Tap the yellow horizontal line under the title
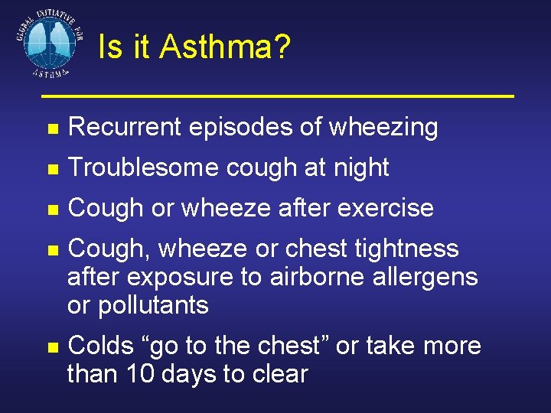pos(277,96)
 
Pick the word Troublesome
pos(143,167)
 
